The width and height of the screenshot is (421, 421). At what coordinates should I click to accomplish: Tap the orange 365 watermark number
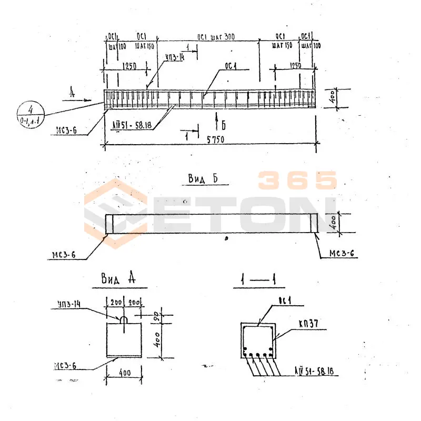[x=297, y=181]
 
